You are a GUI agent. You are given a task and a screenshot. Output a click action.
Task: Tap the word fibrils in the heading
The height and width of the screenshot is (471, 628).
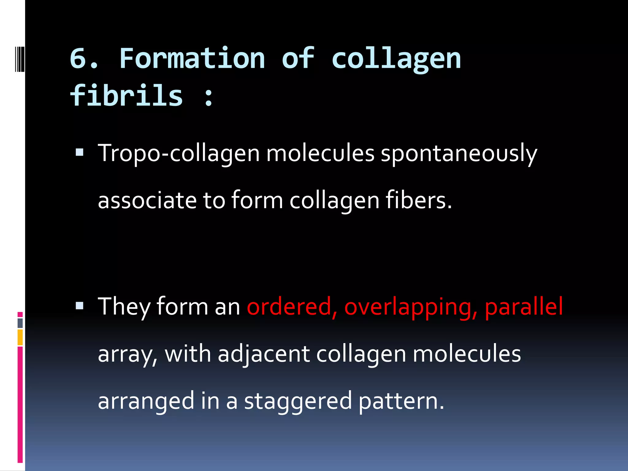point(126,96)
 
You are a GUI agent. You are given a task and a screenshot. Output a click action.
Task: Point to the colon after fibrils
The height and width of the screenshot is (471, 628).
point(209,97)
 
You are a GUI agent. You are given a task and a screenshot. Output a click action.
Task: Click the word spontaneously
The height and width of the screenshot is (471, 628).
point(459,153)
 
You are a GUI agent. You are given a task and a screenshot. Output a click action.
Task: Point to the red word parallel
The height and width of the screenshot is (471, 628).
point(524,307)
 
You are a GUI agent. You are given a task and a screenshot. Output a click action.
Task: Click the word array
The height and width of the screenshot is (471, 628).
point(128,354)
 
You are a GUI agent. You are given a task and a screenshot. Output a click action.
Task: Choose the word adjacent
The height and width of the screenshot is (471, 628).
point(264,354)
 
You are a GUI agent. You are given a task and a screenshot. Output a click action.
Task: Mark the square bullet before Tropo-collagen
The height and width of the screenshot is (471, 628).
point(79,152)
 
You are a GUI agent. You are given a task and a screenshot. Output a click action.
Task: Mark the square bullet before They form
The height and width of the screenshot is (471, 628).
point(79,306)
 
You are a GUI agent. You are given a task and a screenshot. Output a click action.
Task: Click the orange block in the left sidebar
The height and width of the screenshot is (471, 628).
point(20,337)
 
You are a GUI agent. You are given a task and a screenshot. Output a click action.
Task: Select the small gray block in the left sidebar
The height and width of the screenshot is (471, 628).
point(20,323)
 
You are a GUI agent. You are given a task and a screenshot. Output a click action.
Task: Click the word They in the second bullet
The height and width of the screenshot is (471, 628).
point(124,307)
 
